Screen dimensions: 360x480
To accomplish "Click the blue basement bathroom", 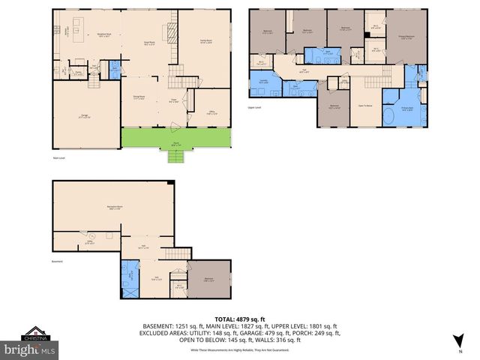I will pos(130,276).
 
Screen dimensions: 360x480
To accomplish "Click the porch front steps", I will pos(175,157).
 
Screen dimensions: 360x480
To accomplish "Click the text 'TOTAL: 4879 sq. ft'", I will pos(239,319).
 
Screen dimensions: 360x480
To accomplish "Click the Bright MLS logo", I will pos(29,349).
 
